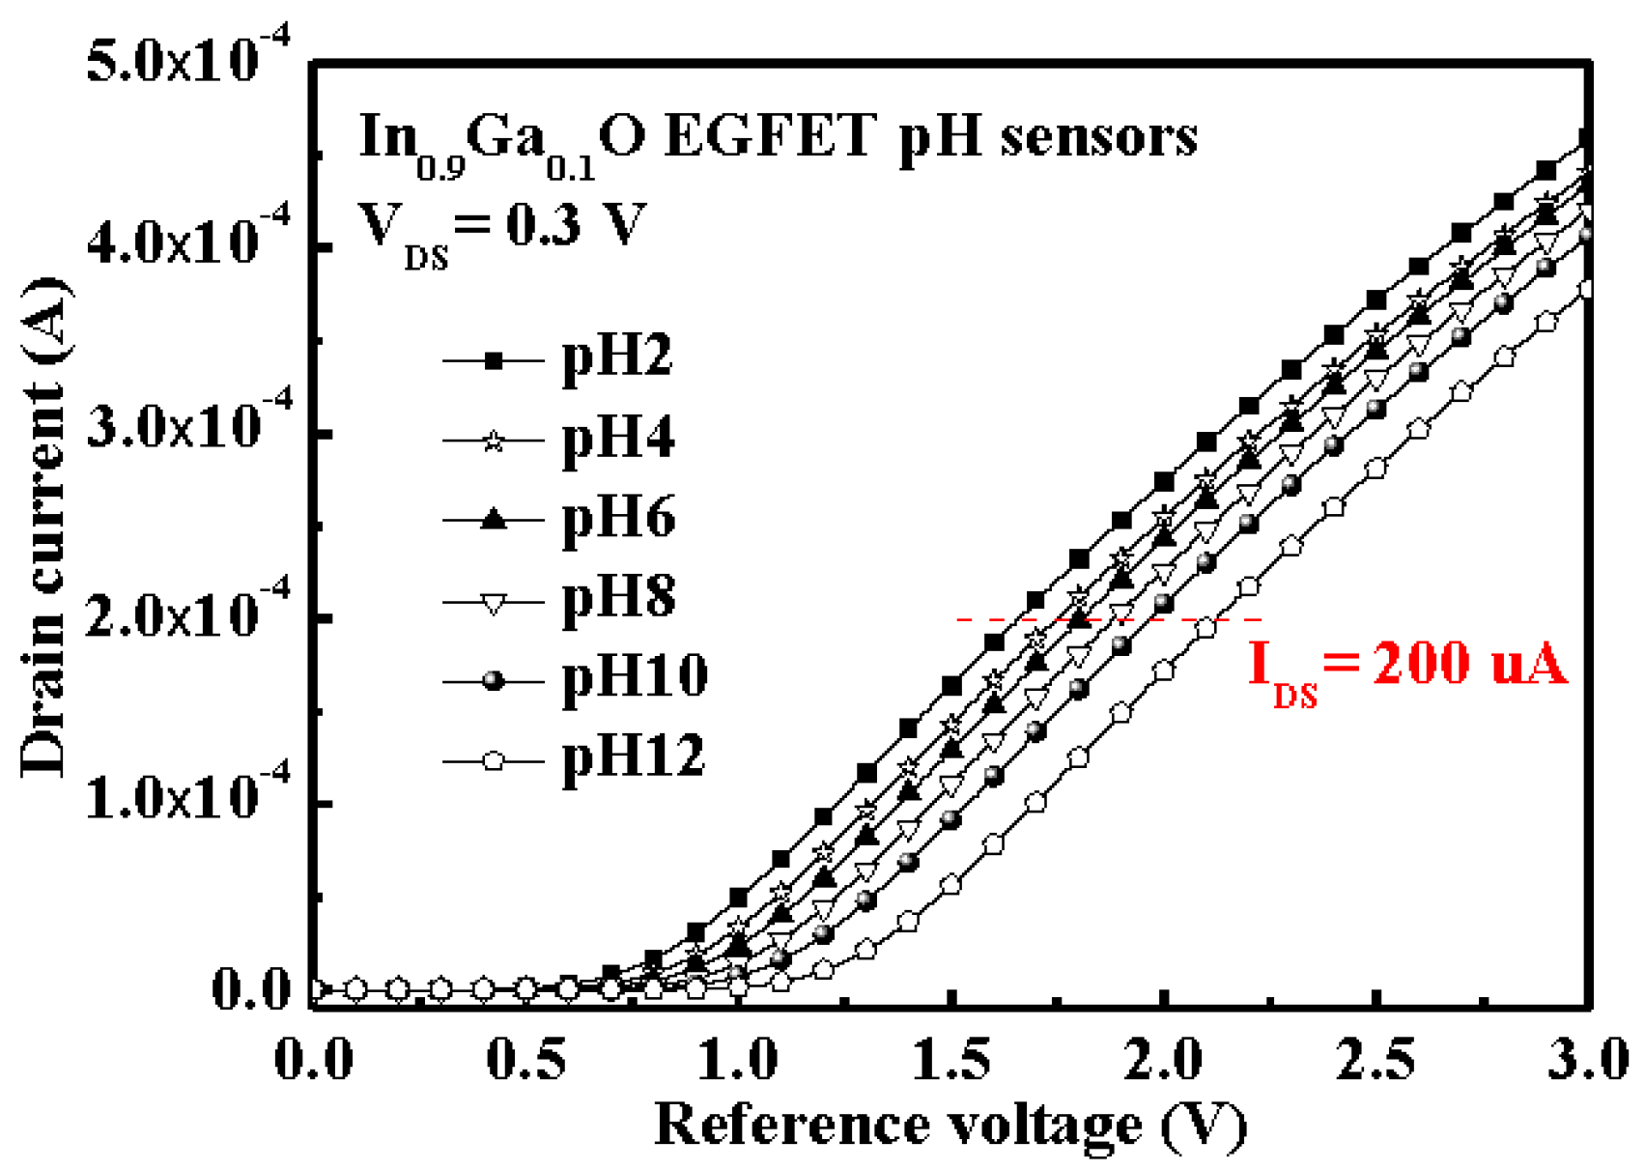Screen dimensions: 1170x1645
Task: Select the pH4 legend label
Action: pyautogui.click(x=618, y=440)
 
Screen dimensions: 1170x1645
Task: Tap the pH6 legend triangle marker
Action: pyautogui.click(x=494, y=520)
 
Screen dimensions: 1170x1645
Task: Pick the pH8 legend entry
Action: pyautogui.click(x=618, y=599)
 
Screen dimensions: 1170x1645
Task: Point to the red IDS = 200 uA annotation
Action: pyautogui.click(x=1405, y=667)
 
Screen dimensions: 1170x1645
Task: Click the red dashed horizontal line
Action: pyautogui.click(x=1111, y=619)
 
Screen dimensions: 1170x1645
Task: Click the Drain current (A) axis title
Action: pyautogui.click(x=43, y=527)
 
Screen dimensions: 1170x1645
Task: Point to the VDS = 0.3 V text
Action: pyautogui.click(x=502, y=227)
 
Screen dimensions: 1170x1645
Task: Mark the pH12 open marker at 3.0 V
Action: pyautogui.click(x=1586, y=289)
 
